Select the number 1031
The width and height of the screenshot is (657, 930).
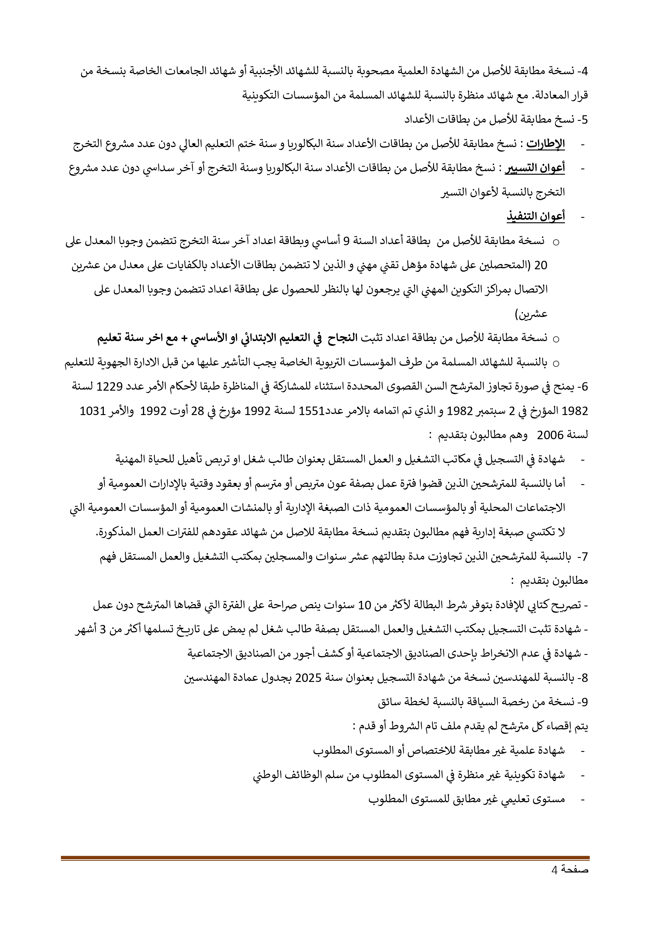coord(93,411)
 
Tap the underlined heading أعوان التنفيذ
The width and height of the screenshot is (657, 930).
coord(535,217)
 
